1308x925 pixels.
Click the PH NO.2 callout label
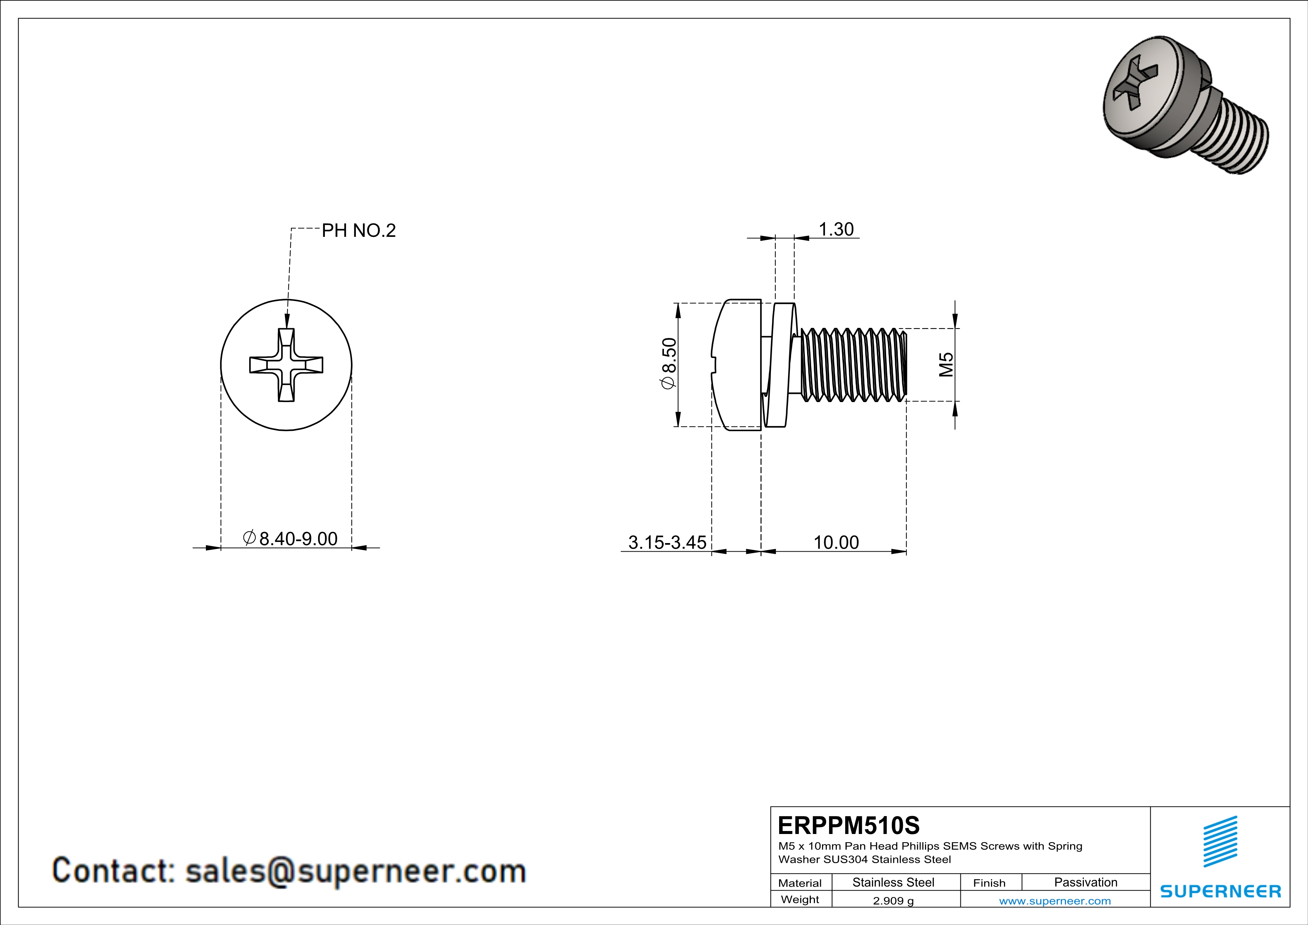[x=358, y=231]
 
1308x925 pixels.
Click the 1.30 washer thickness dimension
[x=836, y=229]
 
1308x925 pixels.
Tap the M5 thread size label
[x=946, y=364]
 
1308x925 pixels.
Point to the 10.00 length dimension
[x=836, y=542]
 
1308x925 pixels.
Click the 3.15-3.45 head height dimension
[x=667, y=542]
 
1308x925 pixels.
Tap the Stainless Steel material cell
[x=893, y=882]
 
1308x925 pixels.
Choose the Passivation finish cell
[x=1085, y=882]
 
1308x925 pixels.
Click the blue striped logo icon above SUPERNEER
[x=1220, y=841]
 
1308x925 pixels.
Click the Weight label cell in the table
[x=800, y=899]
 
